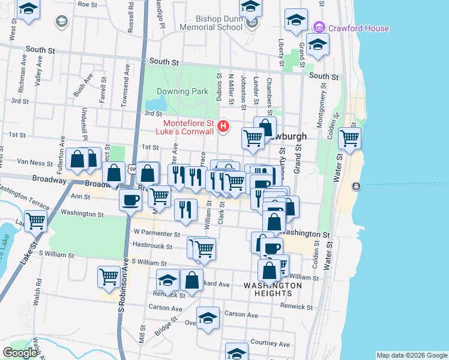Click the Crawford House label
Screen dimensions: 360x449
358,28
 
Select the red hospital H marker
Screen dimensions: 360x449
224,126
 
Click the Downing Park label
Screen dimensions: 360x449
182,92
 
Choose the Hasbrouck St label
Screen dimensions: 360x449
152,246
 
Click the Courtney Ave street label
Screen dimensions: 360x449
270,344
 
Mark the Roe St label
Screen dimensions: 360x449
88,4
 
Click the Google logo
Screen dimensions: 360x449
20,353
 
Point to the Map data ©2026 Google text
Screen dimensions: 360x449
411,355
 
